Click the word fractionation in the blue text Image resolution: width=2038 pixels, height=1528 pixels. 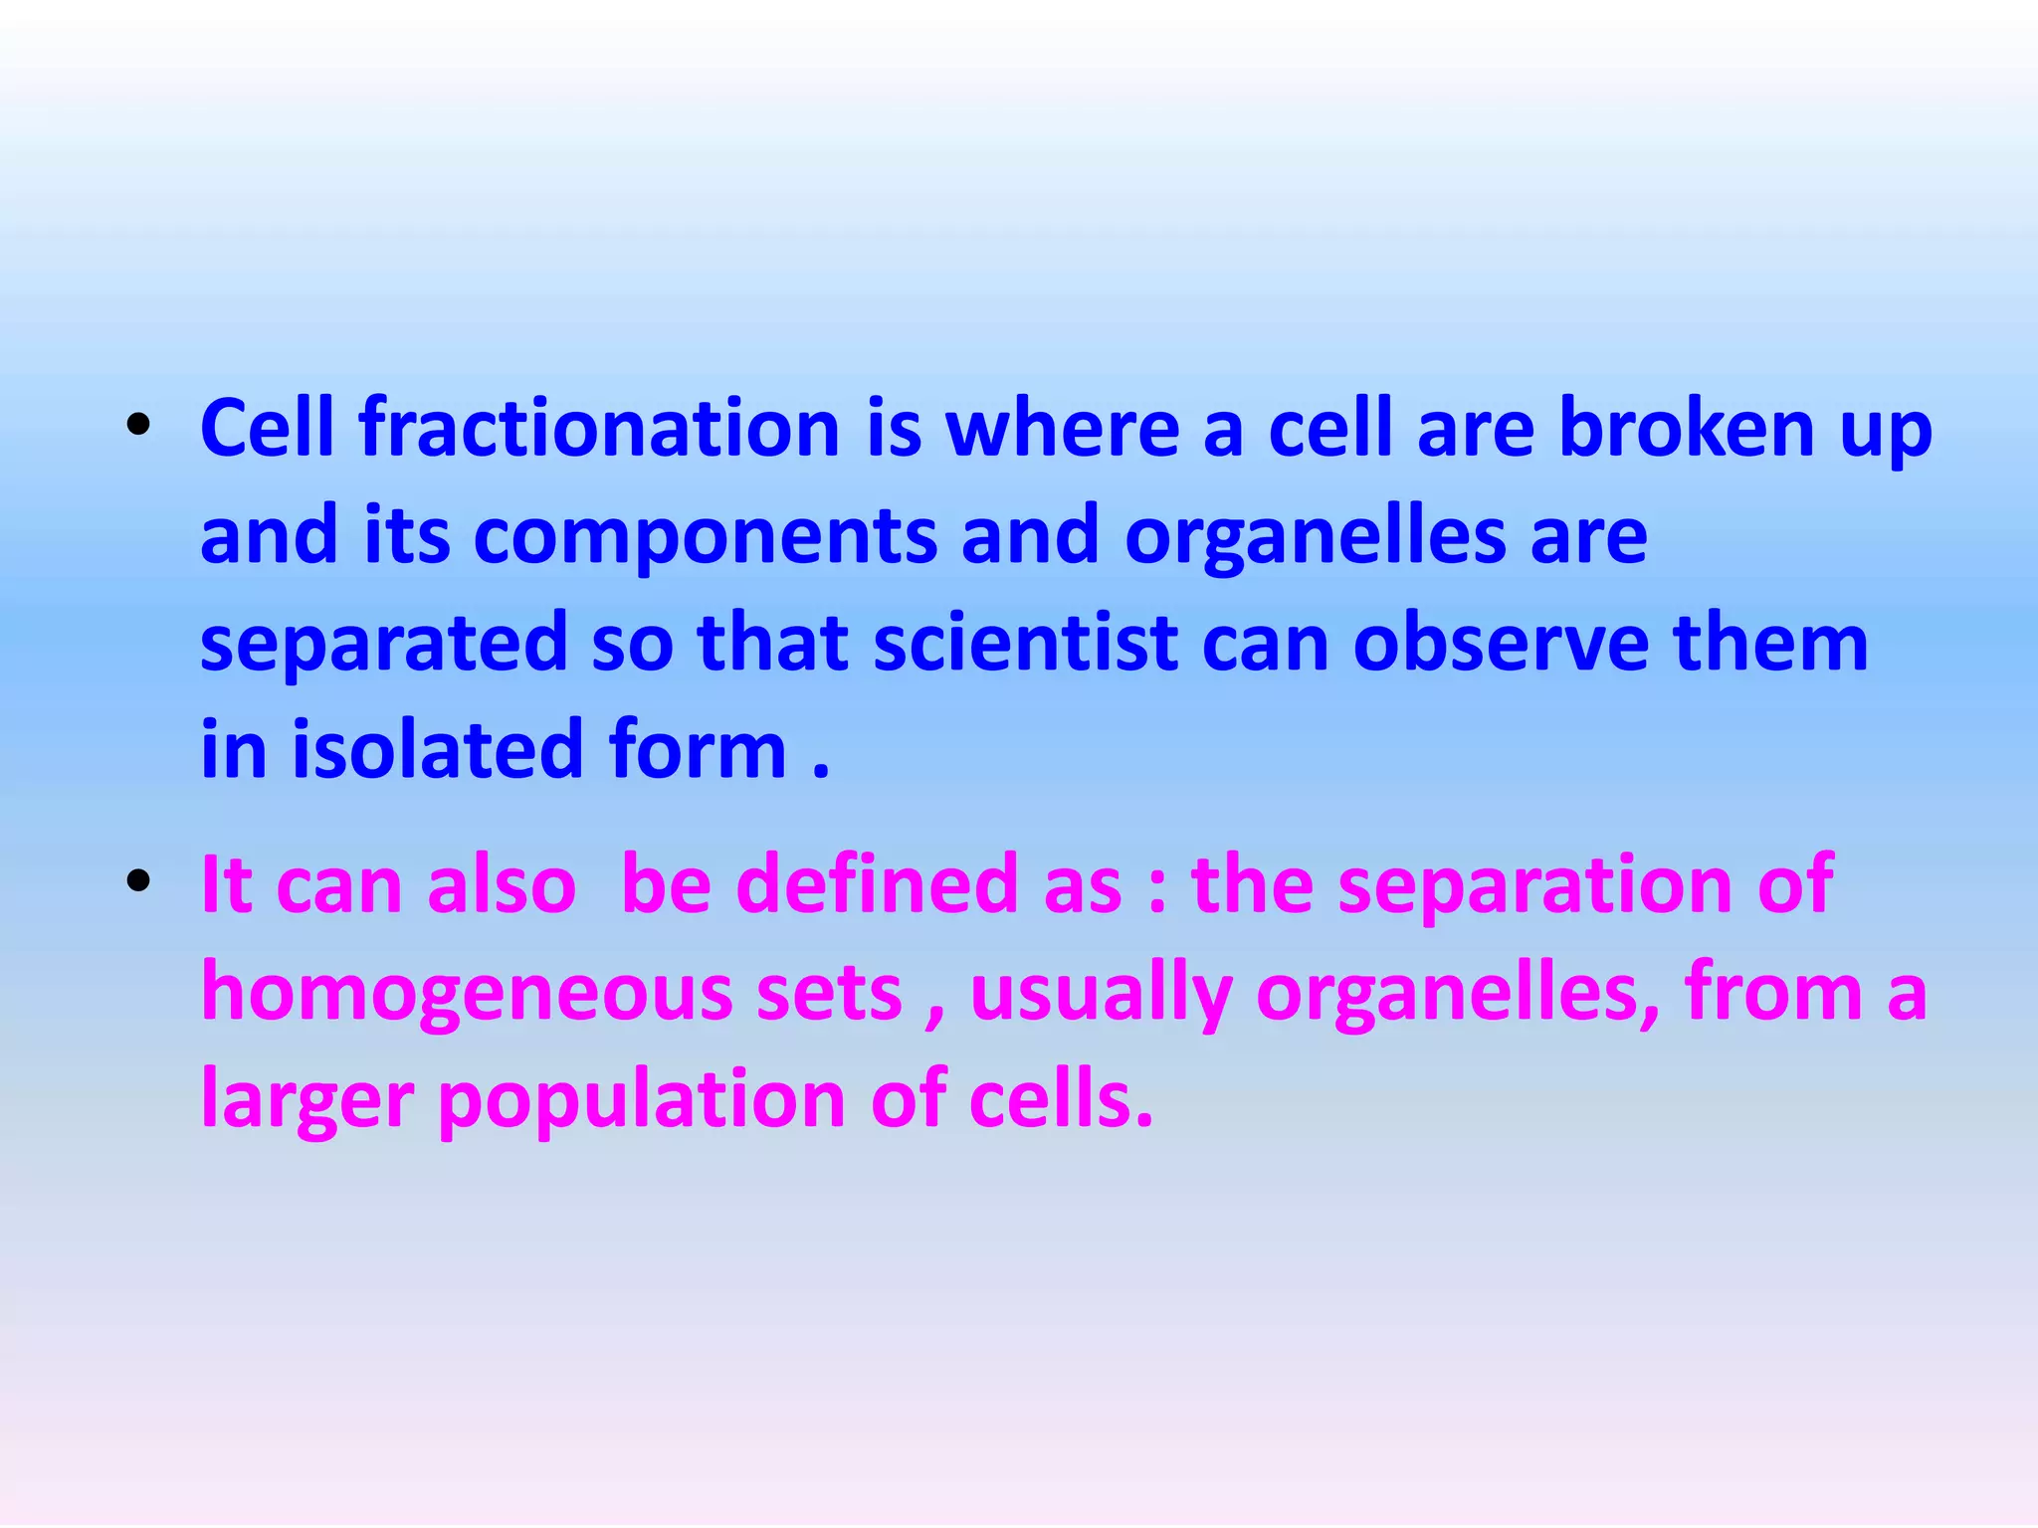600,429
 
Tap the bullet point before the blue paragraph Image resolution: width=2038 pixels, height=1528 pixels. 138,427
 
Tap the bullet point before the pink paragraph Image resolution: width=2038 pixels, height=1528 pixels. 138,880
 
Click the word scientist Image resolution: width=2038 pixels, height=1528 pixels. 1026,644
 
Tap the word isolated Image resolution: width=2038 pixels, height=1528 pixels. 437,750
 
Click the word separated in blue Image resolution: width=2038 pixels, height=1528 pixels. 384,644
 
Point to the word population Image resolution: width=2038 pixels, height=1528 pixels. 642,1101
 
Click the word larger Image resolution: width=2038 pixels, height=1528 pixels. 306,1101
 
